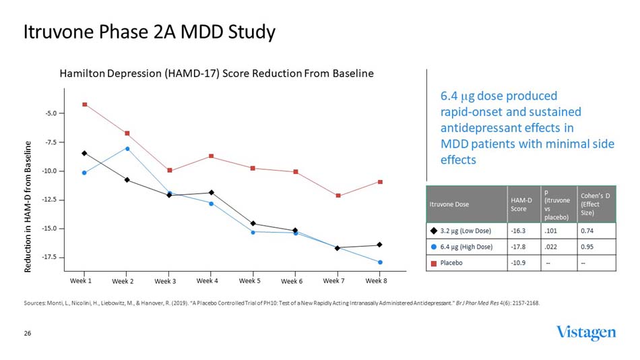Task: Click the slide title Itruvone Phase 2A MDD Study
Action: point(149,32)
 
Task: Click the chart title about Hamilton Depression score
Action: point(216,73)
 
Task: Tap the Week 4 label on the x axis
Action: point(207,280)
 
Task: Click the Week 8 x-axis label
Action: point(377,280)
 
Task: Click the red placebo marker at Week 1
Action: point(84,104)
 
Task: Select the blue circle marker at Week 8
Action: point(380,262)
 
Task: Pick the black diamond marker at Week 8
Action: point(380,245)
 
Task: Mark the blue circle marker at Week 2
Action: point(127,148)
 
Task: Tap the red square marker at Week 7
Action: point(338,196)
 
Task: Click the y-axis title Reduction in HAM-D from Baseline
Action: point(28,207)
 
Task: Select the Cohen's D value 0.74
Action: point(587,231)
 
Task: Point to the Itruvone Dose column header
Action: point(451,204)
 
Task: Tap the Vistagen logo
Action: point(585,333)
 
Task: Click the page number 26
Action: point(28,333)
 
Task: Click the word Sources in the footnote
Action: point(34,303)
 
